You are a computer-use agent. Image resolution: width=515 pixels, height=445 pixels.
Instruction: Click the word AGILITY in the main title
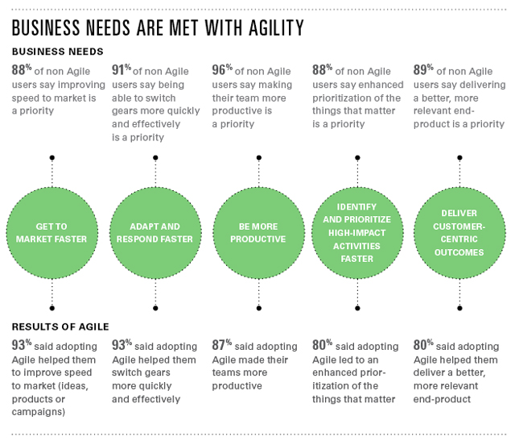point(276,27)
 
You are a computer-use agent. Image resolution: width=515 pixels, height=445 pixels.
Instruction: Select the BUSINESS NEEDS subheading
point(58,52)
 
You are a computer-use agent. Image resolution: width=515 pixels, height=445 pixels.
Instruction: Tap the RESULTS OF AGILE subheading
point(60,326)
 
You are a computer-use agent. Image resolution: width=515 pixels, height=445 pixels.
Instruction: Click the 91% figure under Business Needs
point(122,70)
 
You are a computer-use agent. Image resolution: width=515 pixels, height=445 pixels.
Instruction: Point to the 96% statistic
point(222,70)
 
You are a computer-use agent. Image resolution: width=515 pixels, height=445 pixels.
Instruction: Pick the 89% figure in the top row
point(423,70)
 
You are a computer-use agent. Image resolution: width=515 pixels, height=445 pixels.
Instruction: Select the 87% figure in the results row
point(222,345)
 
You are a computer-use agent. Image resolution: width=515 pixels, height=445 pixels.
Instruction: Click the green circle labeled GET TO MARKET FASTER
point(51,233)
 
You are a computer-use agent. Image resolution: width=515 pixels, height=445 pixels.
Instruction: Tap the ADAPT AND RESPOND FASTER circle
point(155,233)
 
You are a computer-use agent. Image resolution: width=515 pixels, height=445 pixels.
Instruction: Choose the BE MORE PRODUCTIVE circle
point(259,233)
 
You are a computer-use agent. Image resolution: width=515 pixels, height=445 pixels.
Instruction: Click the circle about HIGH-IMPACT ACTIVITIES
point(357,233)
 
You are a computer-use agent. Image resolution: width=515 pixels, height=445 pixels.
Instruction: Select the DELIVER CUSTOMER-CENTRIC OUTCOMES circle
point(459,233)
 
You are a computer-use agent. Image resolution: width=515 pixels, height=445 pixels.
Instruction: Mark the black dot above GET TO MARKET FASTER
point(51,158)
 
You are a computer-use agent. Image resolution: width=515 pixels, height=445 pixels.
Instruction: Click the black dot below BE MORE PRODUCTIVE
point(259,308)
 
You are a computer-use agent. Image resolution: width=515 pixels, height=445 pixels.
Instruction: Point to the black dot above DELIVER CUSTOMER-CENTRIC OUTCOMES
point(459,158)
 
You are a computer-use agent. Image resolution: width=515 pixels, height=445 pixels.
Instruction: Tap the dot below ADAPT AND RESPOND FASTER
point(155,308)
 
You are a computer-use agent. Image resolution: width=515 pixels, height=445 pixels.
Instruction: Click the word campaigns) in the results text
point(39,412)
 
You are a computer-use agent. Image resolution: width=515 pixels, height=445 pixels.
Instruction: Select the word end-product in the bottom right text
point(442,399)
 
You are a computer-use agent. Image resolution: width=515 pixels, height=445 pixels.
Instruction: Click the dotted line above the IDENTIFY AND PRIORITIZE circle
point(357,174)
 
